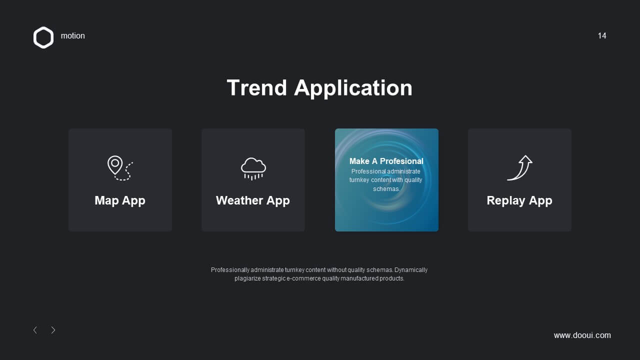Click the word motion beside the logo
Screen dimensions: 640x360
point(73,35)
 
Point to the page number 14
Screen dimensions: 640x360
point(601,35)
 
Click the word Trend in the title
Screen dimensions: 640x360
point(256,87)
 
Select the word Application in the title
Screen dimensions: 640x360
point(353,88)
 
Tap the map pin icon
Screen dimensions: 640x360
point(115,165)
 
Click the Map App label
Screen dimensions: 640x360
point(120,200)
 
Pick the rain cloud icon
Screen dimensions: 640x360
point(253,168)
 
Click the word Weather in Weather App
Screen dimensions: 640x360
point(239,200)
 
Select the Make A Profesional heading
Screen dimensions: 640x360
point(386,161)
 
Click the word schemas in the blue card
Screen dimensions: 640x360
point(386,189)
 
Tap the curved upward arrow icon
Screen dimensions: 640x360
point(519,167)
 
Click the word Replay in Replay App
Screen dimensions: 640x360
point(505,200)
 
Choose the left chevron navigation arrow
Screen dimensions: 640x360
point(35,330)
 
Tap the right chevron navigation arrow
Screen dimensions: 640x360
point(53,330)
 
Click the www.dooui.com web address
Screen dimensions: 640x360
point(582,335)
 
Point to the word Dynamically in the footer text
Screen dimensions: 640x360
point(411,270)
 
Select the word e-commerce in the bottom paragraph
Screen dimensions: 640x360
point(299,278)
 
